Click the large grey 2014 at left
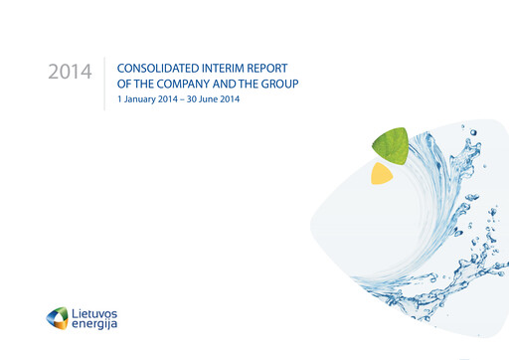point(70,73)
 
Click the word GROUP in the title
point(280,84)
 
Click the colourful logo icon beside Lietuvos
point(59,318)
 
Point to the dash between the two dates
point(187,100)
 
